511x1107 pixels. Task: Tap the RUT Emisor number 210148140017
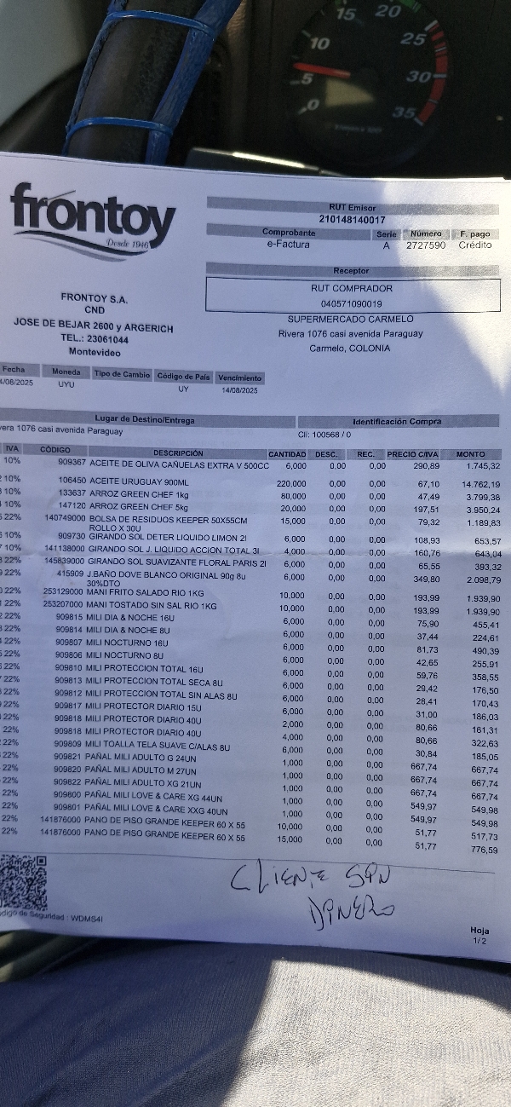point(352,220)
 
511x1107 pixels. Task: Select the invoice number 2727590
point(425,245)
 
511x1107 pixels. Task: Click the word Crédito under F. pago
point(475,245)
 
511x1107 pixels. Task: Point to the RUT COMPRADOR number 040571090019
point(351,303)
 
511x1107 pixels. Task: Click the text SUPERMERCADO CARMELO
point(338,319)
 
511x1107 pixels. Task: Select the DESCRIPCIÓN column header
point(178,453)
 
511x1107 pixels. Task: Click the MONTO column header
point(470,454)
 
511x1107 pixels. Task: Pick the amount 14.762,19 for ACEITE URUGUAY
point(479,485)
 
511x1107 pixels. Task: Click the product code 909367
point(72,464)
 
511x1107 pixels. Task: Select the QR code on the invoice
point(23,882)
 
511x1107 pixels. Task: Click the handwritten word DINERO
point(348,909)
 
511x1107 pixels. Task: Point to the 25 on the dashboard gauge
point(412,38)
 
